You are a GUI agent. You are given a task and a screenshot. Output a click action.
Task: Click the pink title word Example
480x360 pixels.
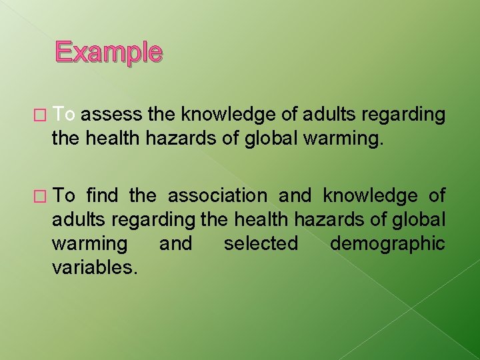click(x=108, y=52)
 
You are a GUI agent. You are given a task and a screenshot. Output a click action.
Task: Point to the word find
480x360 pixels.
click(x=101, y=196)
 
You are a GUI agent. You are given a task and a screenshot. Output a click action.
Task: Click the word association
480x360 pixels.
click(x=217, y=196)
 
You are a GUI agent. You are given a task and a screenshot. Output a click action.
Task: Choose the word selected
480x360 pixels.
click(x=261, y=244)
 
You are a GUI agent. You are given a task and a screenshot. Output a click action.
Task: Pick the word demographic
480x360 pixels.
click(x=387, y=244)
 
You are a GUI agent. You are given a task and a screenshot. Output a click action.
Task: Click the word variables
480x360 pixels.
click(x=95, y=268)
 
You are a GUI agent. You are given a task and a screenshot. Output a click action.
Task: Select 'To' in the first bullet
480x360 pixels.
click(x=65, y=115)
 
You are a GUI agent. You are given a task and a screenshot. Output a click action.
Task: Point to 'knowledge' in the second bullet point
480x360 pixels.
click(x=371, y=196)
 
